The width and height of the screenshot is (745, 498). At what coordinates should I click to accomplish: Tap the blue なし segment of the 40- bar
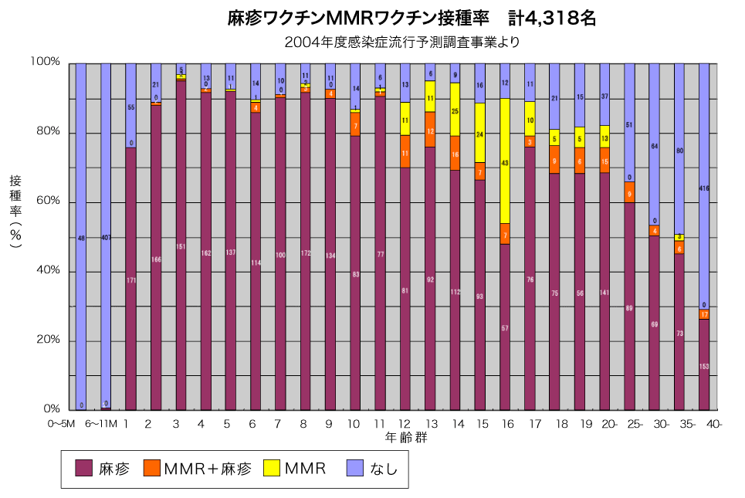click(704, 185)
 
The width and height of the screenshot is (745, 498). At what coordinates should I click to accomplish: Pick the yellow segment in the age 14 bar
click(455, 109)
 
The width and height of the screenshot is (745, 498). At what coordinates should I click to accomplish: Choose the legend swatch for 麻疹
click(83, 468)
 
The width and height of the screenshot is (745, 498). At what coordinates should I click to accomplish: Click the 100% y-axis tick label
click(46, 62)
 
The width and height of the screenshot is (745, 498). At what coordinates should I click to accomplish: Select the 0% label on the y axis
click(52, 409)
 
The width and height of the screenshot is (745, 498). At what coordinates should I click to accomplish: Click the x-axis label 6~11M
click(101, 424)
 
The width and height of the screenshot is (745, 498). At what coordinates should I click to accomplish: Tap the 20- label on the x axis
click(610, 424)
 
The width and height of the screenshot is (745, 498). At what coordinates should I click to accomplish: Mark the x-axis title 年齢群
click(408, 438)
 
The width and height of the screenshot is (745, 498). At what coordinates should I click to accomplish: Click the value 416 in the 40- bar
click(704, 188)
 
